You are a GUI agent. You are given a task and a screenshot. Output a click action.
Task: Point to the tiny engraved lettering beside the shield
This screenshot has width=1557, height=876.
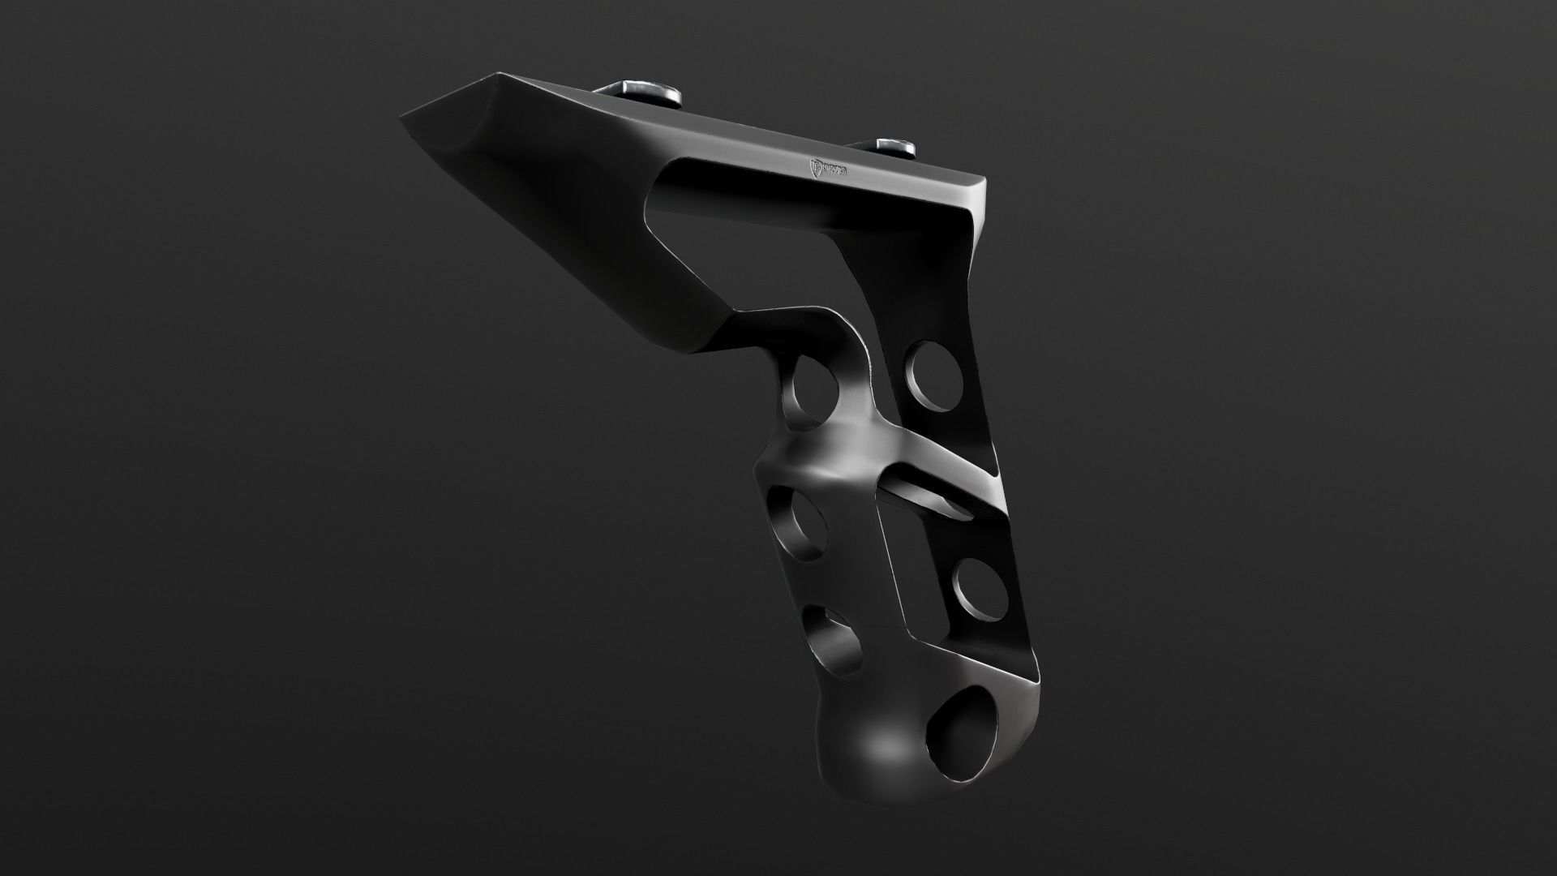839,171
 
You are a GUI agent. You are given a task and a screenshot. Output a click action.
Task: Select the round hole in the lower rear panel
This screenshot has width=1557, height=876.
980,586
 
